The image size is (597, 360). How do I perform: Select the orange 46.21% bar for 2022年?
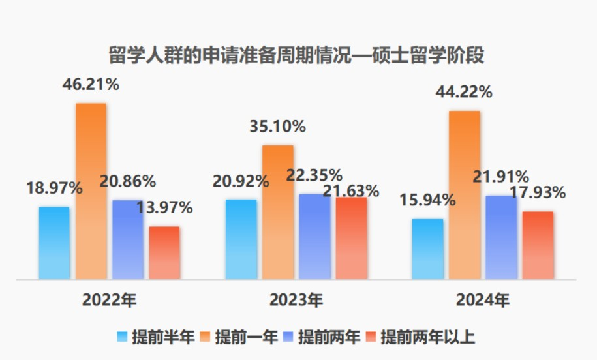click(91, 191)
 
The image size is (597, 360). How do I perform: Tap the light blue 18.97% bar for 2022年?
click(54, 243)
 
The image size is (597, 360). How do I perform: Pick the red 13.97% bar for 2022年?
click(164, 253)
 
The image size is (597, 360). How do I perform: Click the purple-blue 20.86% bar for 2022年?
click(128, 239)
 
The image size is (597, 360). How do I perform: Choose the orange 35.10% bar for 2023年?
click(277, 212)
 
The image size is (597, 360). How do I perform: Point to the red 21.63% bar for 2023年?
click(352, 238)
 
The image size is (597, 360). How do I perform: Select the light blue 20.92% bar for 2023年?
click(241, 239)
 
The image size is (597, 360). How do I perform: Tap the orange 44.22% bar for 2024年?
click(464, 195)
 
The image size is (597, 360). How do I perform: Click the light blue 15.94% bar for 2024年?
click(427, 249)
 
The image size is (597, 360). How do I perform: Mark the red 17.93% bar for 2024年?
click(538, 245)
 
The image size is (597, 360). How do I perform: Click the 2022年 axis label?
click(110, 301)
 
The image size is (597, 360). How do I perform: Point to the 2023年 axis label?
click(296, 301)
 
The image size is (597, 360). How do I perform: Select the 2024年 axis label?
click(483, 301)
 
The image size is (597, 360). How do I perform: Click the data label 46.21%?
click(91, 85)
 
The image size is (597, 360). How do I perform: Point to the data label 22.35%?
click(314, 175)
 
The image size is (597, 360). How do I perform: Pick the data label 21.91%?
click(501, 177)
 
